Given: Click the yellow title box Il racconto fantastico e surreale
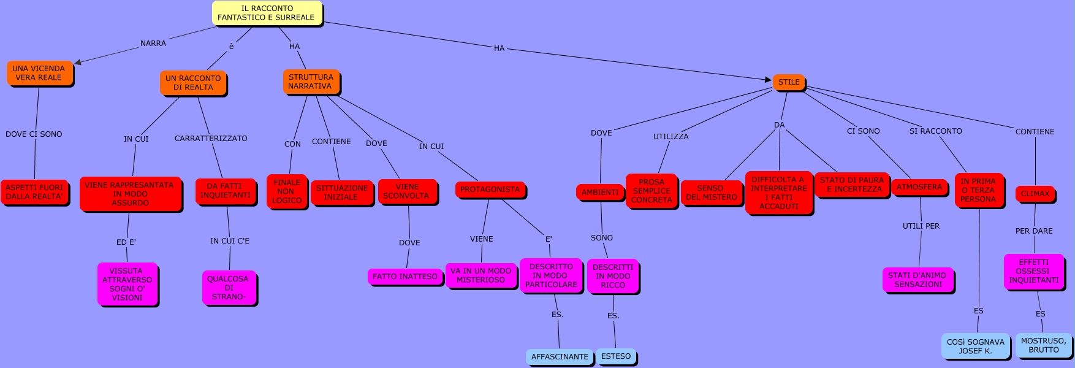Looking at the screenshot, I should point(267,13).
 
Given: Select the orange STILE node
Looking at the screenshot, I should point(788,82).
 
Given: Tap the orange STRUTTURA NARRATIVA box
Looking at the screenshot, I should point(311,82).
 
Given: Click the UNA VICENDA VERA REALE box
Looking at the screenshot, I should point(39,73).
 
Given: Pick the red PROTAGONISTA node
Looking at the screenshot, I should point(490,190).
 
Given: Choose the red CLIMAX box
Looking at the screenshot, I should point(1035,194).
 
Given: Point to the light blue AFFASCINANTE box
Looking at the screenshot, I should point(559,356).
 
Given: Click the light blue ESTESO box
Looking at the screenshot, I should point(615,356).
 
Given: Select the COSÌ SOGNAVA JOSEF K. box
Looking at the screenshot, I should point(975,346).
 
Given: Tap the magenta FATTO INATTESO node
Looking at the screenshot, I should point(405,277).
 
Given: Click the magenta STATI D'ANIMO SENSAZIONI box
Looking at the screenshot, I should point(917,280).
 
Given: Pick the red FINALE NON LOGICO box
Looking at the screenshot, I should point(286,191).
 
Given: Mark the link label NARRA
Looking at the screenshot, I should point(153,44).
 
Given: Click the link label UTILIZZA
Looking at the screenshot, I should point(670,137).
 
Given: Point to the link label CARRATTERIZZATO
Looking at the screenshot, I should point(211,139).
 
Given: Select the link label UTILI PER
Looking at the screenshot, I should point(921,226).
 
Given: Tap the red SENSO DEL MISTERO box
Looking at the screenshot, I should point(711,193).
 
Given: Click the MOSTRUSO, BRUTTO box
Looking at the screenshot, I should point(1043,345).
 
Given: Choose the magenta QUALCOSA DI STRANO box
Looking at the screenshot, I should point(229,288).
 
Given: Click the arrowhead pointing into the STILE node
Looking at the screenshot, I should point(769,80).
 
